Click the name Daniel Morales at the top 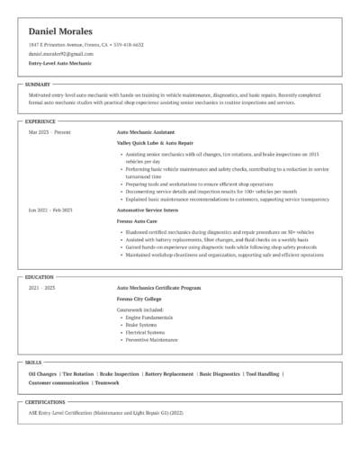click(66, 31)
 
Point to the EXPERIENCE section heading click(40, 121)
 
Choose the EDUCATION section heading click(40, 277)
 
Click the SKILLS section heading click(33, 362)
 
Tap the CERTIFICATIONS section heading click(45, 402)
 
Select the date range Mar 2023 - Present click(49, 132)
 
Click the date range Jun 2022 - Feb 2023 click(50, 210)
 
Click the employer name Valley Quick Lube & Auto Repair click(155, 143)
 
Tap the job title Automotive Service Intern click(148, 210)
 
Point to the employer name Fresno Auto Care click(137, 220)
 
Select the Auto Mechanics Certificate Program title click(158, 288)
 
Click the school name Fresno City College click(140, 299)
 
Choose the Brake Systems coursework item click(141, 325)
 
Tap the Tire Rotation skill click(78, 373)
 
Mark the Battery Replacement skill click(169, 373)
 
